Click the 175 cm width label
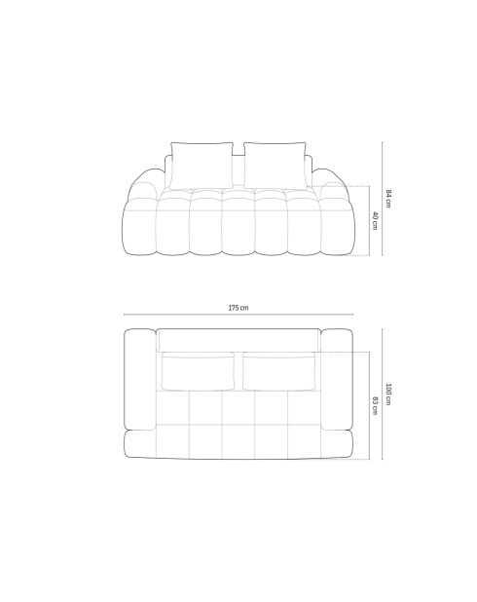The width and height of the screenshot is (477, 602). [x=238, y=308]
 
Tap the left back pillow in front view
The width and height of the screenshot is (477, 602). [x=202, y=163]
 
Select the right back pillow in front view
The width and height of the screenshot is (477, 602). [x=275, y=163]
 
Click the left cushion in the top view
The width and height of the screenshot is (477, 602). [x=200, y=372]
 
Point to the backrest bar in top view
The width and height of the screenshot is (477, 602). [x=238, y=339]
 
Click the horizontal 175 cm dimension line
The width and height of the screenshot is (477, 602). [x=238, y=316]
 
